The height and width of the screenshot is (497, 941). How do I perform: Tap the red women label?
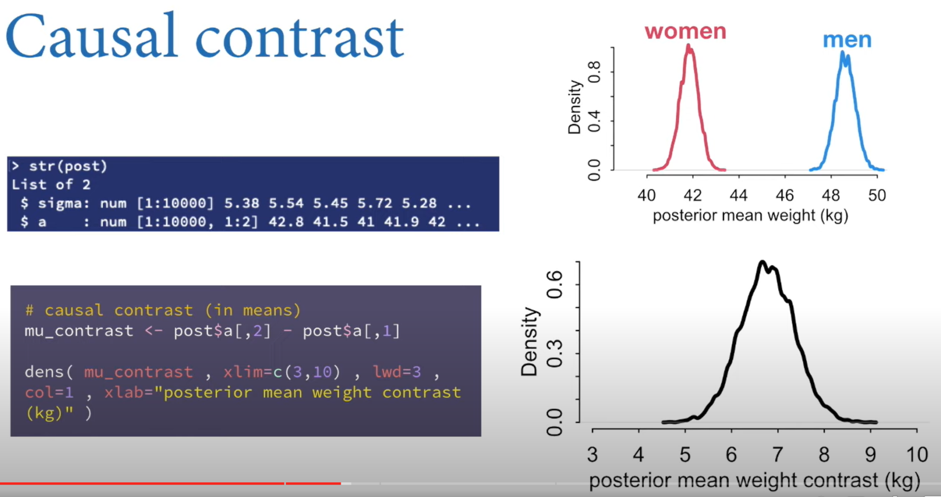coord(685,31)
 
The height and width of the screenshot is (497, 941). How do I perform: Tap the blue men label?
coord(847,40)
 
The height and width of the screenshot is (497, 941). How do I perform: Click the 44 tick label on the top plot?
coord(738,196)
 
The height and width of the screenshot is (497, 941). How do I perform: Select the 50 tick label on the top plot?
coord(877,196)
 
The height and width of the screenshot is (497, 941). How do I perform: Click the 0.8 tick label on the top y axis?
coord(594,72)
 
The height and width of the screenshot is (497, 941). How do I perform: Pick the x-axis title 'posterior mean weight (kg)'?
coord(750,215)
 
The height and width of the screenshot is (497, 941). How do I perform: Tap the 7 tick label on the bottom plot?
coord(777,455)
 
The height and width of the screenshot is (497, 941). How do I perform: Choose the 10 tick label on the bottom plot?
coord(917,455)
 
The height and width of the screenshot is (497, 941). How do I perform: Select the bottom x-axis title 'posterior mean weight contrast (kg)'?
coord(754,480)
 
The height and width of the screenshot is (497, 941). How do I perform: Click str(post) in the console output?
coord(68,166)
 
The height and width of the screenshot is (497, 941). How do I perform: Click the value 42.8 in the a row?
coord(286,222)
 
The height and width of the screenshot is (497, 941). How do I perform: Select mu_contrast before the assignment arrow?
coord(79,331)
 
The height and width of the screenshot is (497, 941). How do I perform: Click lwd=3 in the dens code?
coord(397,371)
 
